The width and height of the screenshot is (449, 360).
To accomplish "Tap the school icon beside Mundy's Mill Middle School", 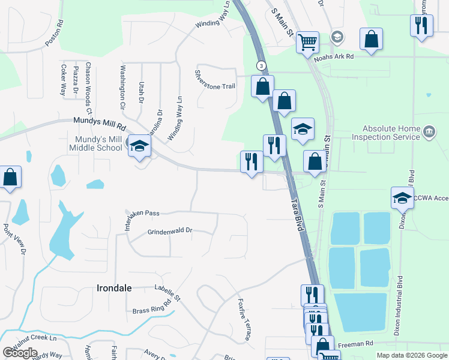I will pos(140,146).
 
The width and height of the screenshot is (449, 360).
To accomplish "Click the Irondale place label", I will pos(114,288).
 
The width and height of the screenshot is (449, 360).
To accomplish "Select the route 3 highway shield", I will pos(261,65).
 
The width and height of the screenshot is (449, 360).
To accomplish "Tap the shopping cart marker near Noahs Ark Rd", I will pos(307,42).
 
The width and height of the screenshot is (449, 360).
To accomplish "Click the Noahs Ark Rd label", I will pos(330,56).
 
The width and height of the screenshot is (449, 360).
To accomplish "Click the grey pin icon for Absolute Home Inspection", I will pos(429,131).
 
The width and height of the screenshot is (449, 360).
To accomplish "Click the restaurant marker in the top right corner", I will pos(421,26).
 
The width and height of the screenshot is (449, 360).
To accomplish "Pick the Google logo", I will pos(20,352).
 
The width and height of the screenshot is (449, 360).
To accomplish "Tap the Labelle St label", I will pos(167,293).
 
